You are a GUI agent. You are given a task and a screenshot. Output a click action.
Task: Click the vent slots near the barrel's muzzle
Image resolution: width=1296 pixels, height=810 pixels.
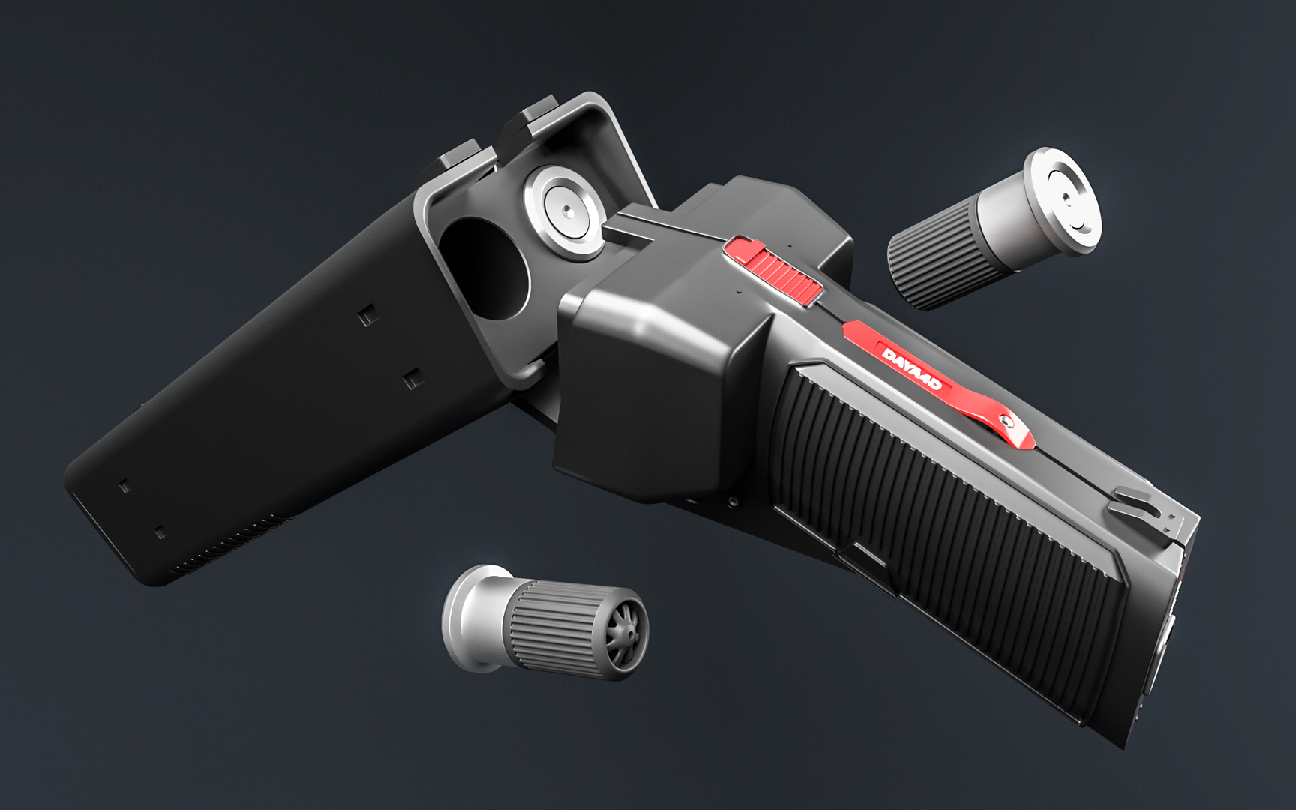225,551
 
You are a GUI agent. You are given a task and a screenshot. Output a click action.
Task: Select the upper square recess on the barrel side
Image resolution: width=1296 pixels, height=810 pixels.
366,316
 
